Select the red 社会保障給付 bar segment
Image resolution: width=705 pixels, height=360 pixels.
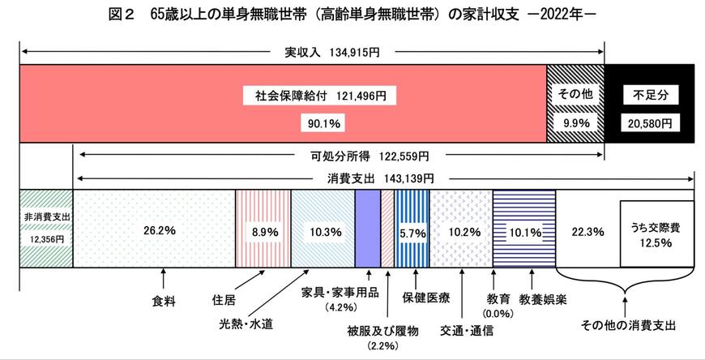coord(284,106)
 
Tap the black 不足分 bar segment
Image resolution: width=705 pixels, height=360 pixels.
coord(649,106)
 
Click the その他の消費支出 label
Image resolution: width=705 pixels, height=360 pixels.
coord(627,325)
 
